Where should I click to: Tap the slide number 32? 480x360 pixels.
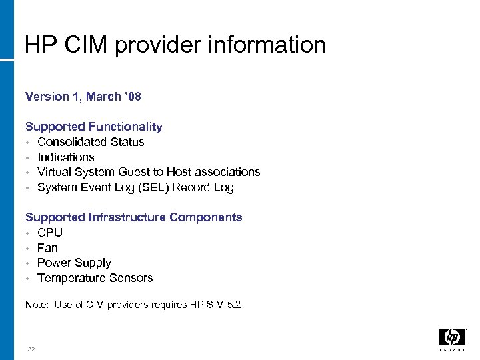[31, 349]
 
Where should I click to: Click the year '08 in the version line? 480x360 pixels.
[133, 97]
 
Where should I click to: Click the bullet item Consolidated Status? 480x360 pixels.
[91, 142]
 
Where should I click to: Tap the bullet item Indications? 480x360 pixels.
[66, 157]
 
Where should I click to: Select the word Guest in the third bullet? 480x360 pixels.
[135, 172]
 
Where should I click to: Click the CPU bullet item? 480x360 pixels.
[50, 233]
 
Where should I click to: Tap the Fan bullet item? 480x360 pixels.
[48, 248]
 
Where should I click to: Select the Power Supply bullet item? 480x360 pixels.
[74, 263]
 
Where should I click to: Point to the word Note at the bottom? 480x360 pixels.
[36, 305]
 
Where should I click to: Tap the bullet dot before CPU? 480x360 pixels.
[28, 233]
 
